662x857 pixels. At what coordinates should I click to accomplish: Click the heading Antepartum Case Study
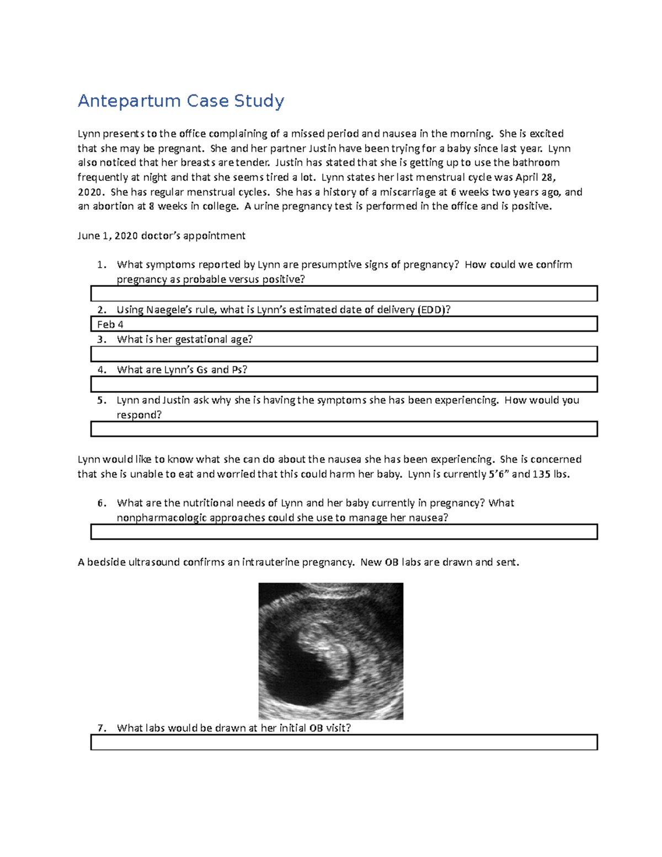pos(181,101)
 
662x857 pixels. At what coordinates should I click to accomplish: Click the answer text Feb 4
pos(110,324)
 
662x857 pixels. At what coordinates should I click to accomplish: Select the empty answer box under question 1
pos(344,294)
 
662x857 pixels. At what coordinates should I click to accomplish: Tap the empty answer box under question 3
pos(344,354)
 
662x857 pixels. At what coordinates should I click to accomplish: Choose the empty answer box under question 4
pos(344,384)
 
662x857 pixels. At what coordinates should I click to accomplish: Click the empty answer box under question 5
pos(344,429)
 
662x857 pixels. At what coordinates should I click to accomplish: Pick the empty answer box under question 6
pos(344,532)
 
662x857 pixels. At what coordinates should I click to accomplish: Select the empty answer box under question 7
pos(344,742)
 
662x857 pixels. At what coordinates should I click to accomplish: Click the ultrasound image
pos(331,651)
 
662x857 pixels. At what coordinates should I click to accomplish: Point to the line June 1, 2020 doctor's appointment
pos(161,236)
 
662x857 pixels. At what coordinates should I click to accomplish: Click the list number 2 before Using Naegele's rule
pos(101,310)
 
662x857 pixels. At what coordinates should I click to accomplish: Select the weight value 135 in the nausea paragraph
pos(541,474)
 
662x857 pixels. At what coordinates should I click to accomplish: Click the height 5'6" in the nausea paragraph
pos(498,474)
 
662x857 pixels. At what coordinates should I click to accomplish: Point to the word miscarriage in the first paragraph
pos(397,192)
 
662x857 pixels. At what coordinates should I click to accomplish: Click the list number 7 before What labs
pos(101,728)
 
